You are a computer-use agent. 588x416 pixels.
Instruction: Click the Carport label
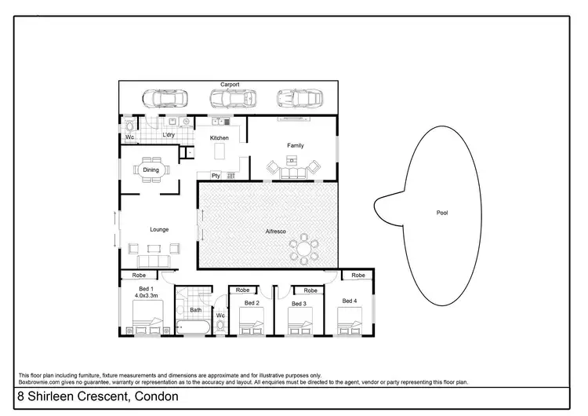point(230,84)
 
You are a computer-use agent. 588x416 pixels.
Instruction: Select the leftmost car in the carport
point(162,99)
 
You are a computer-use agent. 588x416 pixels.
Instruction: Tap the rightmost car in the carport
point(299,99)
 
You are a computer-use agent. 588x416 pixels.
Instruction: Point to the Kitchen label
point(220,138)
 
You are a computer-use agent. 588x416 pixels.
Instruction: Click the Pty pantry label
point(216,175)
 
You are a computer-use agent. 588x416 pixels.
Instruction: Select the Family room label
point(295,145)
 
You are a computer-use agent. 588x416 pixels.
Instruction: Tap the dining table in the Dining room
point(151,170)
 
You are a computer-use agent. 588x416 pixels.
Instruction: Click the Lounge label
point(159,229)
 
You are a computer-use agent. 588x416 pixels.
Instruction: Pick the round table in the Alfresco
point(303,250)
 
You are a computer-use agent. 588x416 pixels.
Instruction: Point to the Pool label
point(442,213)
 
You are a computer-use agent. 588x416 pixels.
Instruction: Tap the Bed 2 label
point(251,302)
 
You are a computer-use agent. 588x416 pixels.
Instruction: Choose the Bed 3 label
point(298,303)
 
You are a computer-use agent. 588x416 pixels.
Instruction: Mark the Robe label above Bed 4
point(358,276)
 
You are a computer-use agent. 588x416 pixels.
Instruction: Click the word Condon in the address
point(159,397)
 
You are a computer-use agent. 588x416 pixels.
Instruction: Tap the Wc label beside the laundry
point(129,139)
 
